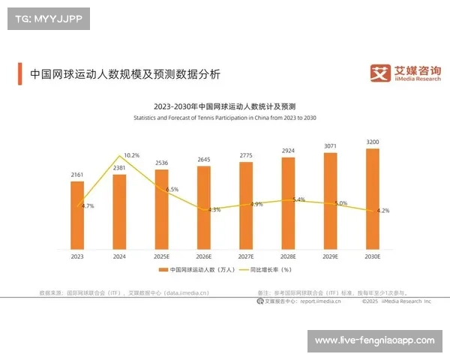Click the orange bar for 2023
77,214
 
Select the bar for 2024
119,210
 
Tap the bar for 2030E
373,198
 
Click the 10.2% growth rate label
131,155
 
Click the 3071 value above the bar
331,145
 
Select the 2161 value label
77,174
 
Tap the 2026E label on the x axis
204,256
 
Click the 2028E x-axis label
288,256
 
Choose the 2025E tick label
161,256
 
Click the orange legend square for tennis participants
162,269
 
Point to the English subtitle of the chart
225,118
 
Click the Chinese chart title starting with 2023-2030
225,107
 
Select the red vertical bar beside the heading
20,74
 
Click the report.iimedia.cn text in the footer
320,301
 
